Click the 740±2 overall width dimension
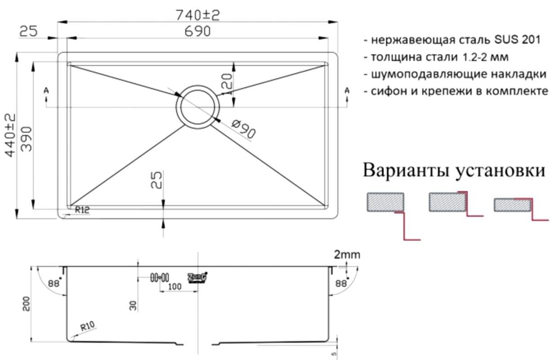pyautogui.click(x=198, y=15)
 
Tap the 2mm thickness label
pyautogui.click(x=347, y=255)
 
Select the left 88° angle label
pyautogui.click(x=54, y=283)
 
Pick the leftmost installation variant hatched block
pyautogui.click(x=385, y=202)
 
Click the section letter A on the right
pyautogui.click(x=347, y=91)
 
